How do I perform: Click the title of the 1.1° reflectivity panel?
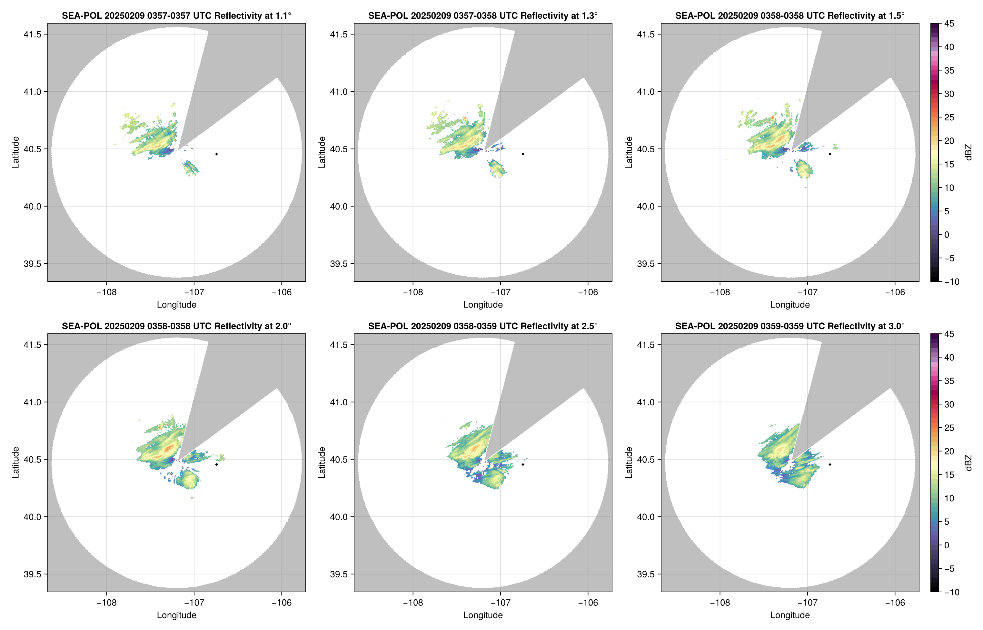pos(176,15)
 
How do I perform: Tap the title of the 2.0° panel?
pos(176,326)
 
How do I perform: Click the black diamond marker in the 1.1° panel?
pos(216,154)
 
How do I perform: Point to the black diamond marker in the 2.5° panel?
pos(523,464)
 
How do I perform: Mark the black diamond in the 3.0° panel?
pos(830,464)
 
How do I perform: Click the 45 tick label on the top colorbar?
pos(949,24)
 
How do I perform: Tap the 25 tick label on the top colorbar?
pos(949,117)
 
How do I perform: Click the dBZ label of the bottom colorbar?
pos(968,463)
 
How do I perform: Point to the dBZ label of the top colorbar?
pos(968,152)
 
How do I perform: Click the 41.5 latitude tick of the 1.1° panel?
pos(32,34)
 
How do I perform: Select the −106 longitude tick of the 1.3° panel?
pos(587,292)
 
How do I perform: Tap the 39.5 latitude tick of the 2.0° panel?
pos(32,574)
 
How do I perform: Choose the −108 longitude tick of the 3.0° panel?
pos(720,603)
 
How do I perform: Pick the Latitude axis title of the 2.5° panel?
pos(322,463)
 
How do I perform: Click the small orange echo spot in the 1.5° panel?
pos(772,117)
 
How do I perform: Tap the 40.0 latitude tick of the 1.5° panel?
pos(646,207)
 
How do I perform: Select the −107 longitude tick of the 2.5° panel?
pos(500,603)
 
